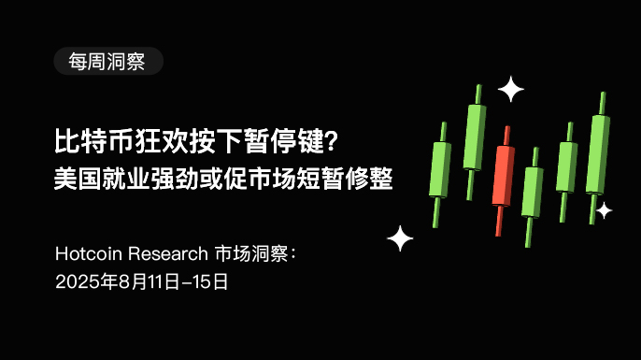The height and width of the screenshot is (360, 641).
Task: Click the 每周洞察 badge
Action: (x=108, y=62)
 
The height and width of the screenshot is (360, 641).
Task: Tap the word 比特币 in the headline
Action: (x=94, y=141)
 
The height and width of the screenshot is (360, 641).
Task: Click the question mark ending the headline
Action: (x=333, y=140)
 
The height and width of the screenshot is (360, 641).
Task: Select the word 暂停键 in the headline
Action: (x=285, y=141)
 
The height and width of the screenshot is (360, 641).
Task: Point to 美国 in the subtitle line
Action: (x=78, y=179)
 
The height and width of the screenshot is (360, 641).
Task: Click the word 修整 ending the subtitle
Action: (x=369, y=179)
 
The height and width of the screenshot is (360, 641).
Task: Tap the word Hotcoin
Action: (x=89, y=253)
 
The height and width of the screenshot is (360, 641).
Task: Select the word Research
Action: (x=168, y=253)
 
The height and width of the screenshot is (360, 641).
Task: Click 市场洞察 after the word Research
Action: (x=251, y=253)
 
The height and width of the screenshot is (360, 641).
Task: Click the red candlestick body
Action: (x=504, y=176)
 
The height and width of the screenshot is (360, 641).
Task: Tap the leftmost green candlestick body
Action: (x=440, y=169)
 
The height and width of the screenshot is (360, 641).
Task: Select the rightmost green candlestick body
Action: (x=598, y=154)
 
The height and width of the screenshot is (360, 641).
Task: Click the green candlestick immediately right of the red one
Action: (x=532, y=192)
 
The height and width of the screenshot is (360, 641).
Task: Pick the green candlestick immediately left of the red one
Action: (x=475, y=137)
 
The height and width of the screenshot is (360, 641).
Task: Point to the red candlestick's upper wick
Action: (x=506, y=136)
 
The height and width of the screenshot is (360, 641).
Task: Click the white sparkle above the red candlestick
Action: (x=510, y=89)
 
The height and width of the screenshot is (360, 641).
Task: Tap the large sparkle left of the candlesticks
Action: (x=400, y=238)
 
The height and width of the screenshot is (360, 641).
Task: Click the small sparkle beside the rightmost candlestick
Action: (x=604, y=210)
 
